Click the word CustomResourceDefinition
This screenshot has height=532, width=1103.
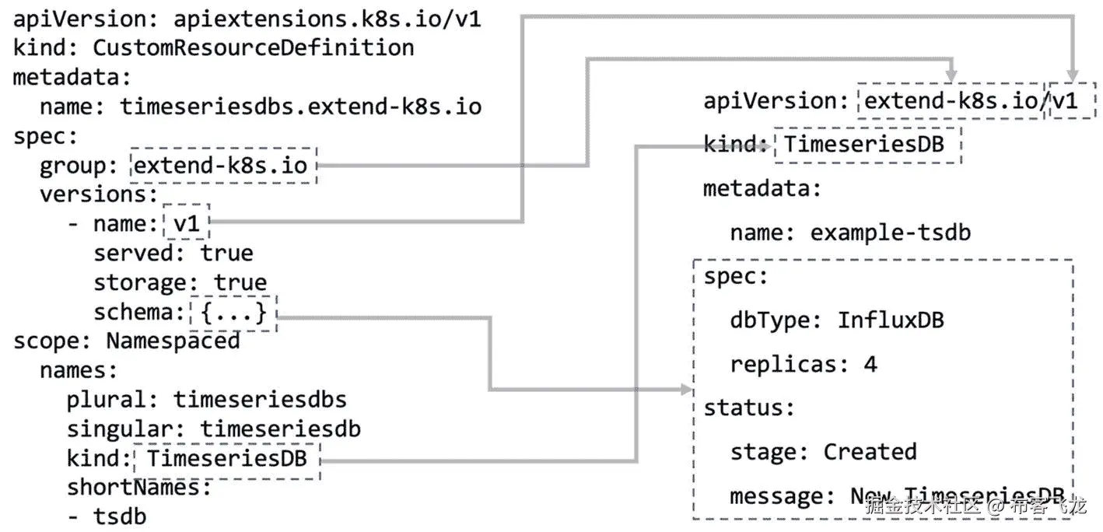253,47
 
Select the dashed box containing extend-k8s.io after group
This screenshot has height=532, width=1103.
224,165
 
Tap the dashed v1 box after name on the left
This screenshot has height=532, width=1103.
187,224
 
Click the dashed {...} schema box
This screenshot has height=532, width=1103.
233,313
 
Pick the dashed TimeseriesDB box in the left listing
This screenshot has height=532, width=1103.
226,459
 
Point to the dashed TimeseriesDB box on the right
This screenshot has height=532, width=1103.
868,144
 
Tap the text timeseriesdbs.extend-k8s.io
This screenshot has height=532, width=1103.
300,107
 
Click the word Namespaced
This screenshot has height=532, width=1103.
173,341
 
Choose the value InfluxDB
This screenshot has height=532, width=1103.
890,320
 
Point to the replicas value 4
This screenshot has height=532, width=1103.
870,364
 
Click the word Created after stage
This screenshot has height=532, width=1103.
870,452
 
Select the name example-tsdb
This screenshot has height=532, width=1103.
890,233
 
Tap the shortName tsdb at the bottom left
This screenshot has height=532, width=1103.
120,516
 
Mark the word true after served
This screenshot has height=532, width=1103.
226,254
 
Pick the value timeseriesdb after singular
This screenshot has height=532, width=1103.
280,429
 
